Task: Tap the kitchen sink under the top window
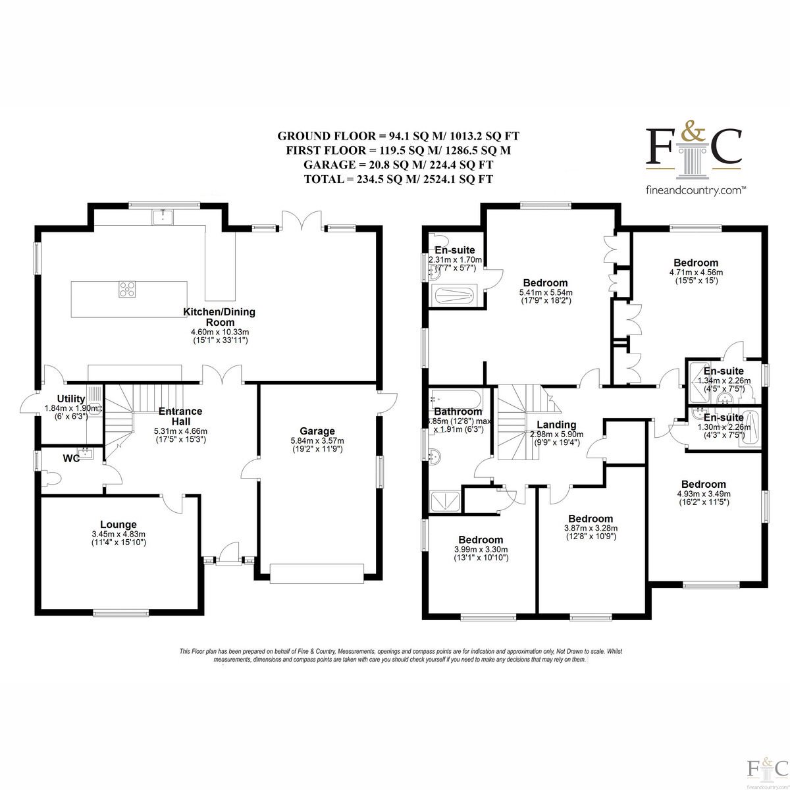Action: [163, 217]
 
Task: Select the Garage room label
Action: [317, 431]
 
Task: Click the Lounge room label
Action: [118, 524]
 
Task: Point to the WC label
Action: [71, 459]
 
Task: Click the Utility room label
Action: [71, 399]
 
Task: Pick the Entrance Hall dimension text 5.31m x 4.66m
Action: [180, 431]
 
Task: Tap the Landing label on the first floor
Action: [556, 425]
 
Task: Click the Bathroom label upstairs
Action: [458, 411]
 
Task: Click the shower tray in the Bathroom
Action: [445, 501]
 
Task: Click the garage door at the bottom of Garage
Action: [317, 574]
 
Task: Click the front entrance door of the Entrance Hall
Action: [228, 556]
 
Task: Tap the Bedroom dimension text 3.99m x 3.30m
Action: [481, 549]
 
